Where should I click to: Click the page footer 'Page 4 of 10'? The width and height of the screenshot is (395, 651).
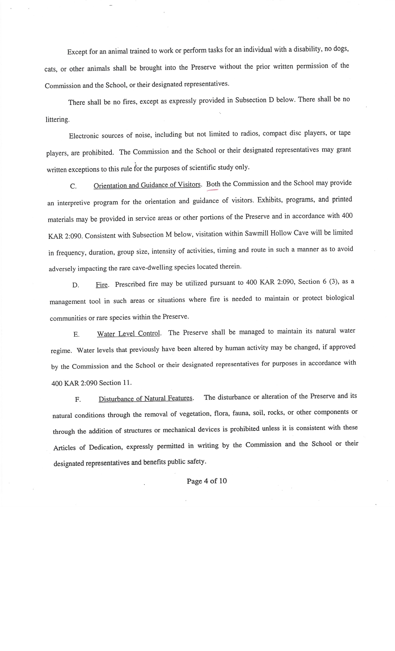click(206, 481)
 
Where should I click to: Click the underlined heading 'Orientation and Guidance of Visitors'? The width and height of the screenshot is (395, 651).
click(147, 185)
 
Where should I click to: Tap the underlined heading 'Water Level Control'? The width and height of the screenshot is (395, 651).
click(129, 333)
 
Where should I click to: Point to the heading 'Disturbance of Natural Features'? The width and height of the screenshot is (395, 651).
click(145, 398)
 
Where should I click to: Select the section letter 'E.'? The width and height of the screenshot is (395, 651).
click(76, 334)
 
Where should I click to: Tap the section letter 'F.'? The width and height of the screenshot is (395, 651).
click(78, 399)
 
